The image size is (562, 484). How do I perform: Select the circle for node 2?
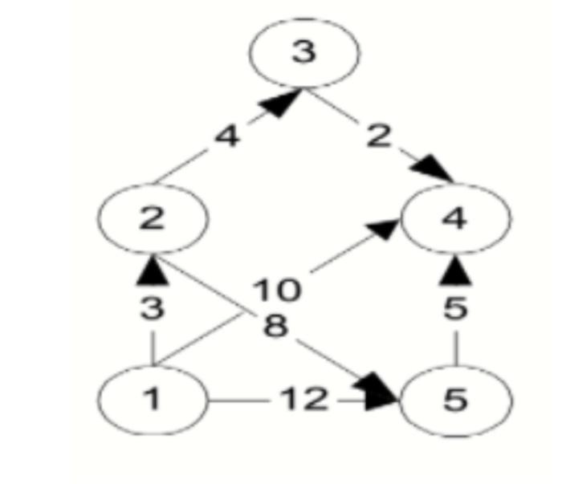[152, 218]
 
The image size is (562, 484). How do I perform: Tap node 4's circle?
[455, 218]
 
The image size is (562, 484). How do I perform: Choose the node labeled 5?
[455, 399]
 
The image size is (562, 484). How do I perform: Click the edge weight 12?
[304, 398]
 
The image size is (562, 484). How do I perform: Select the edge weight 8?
[275, 325]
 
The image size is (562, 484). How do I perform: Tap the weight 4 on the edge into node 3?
[227, 136]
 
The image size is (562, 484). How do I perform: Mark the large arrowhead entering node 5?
[381, 392]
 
